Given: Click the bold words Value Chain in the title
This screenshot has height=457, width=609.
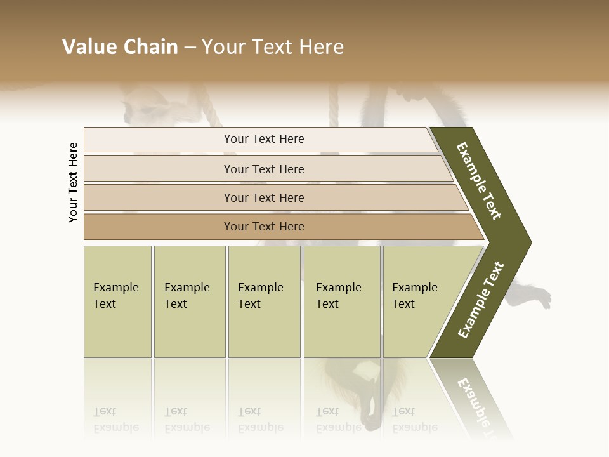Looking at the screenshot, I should (120, 47).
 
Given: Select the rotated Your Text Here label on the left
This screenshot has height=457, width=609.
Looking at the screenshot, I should (73, 182).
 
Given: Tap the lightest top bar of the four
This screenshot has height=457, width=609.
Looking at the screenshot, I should (264, 139).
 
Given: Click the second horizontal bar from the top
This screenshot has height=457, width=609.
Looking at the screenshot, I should (264, 169).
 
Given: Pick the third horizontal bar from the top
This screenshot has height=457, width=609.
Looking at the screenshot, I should (264, 197).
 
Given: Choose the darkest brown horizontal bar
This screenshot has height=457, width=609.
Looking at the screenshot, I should (264, 227).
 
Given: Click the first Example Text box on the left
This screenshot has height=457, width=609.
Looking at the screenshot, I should (117, 301).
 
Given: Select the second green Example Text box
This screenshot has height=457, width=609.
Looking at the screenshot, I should (189, 301).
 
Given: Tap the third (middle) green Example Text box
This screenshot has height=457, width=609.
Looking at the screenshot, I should (264, 301).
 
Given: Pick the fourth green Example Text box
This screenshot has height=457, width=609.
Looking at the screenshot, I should (342, 301).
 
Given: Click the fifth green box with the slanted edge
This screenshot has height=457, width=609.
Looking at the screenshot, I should (419, 301).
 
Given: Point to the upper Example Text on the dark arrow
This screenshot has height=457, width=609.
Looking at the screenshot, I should (480, 181).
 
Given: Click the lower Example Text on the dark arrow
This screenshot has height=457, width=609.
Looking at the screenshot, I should (481, 300).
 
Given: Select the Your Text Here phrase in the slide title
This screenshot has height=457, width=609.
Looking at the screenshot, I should (273, 47).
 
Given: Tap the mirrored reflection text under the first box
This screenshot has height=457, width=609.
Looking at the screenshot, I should (116, 420).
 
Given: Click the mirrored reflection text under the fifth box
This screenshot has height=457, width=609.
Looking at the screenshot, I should (414, 420).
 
